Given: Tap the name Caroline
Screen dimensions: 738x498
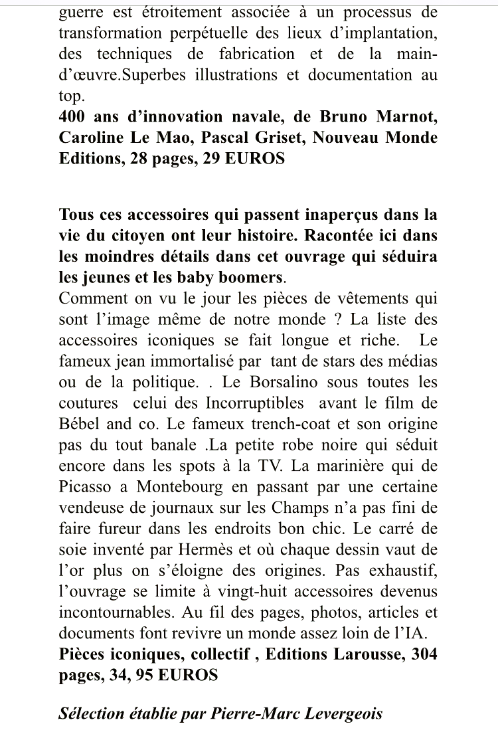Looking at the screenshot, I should [92, 138].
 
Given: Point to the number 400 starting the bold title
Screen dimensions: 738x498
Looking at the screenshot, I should [74, 117].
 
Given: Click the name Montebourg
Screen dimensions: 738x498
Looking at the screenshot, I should [179, 486].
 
